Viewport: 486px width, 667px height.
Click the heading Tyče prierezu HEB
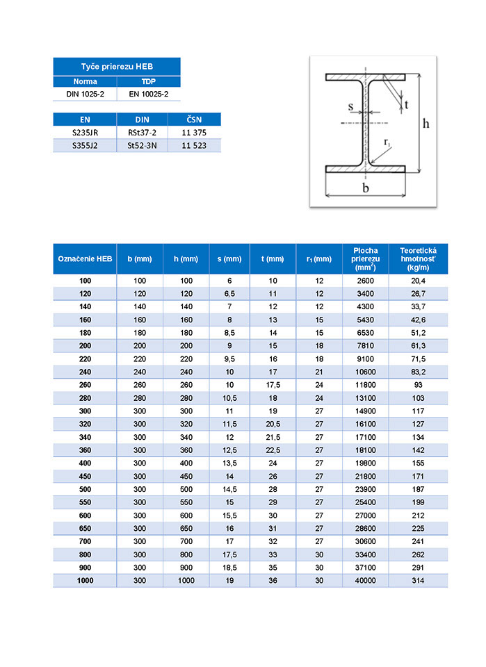click(116, 66)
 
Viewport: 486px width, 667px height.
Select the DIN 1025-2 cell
click(86, 93)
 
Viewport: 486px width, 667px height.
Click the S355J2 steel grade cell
click(85, 145)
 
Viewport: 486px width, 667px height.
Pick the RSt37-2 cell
click(143, 132)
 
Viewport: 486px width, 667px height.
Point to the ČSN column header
click(194, 120)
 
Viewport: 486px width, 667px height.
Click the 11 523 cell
click(194, 145)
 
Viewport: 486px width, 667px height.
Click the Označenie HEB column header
click(85, 258)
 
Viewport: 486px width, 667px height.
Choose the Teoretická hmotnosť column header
click(419, 258)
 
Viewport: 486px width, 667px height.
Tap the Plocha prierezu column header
click(366, 258)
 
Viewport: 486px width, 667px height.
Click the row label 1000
click(86, 580)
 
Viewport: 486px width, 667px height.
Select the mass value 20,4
click(419, 281)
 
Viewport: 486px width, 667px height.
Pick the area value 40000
click(366, 580)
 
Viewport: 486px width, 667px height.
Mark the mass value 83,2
click(419, 372)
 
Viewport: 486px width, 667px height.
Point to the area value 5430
click(366, 320)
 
